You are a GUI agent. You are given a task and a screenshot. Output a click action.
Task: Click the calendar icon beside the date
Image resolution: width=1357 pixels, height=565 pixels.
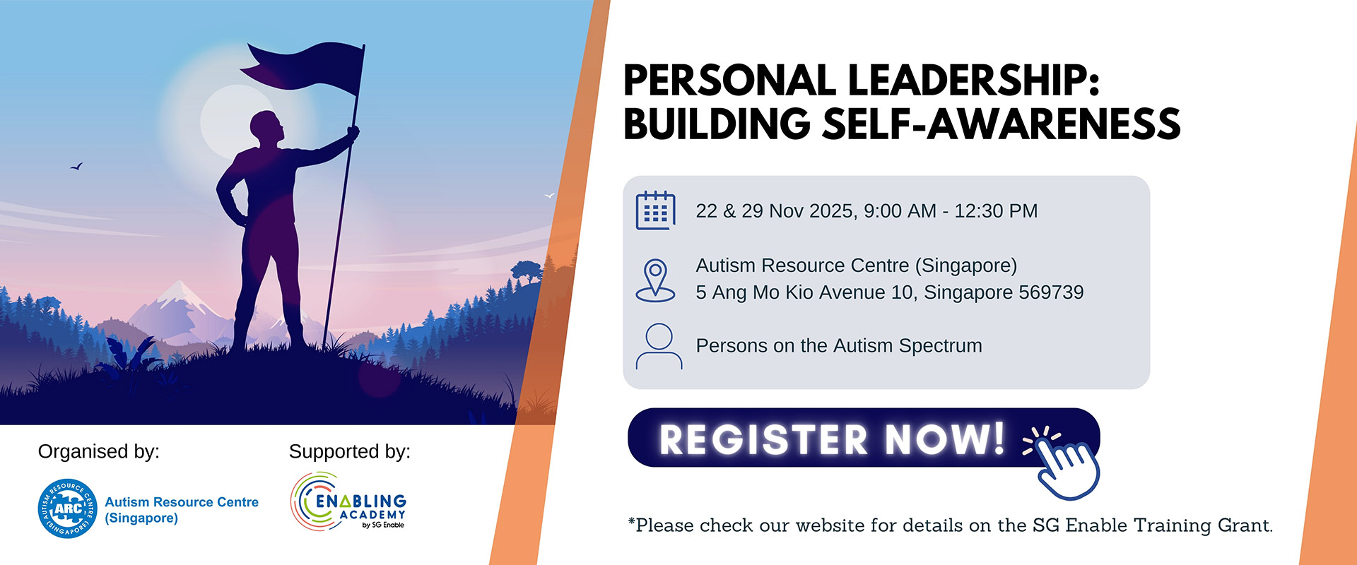click(655, 210)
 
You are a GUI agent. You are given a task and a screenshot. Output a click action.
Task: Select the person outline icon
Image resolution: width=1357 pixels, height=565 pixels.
click(659, 346)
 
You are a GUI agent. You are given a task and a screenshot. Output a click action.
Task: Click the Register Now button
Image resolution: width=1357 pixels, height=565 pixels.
click(863, 438)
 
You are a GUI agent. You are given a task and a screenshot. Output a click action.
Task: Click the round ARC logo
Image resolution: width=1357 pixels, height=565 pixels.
click(68, 509)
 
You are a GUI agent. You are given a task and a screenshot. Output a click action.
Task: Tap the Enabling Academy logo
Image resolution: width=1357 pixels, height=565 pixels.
click(348, 501)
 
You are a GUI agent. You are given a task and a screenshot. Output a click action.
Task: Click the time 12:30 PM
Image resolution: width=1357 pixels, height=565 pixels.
click(996, 211)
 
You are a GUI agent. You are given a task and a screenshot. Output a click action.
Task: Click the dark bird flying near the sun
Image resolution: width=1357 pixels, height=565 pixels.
click(76, 167)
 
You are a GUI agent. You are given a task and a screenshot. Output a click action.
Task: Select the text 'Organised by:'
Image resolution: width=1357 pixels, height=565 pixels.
click(99, 451)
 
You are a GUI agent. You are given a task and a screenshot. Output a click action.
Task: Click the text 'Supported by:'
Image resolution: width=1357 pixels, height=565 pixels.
click(350, 451)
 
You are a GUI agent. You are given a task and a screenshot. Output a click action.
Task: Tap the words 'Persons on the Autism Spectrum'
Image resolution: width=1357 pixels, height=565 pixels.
click(839, 346)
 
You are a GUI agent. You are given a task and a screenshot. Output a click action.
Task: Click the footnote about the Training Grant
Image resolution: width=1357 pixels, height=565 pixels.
click(951, 525)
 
